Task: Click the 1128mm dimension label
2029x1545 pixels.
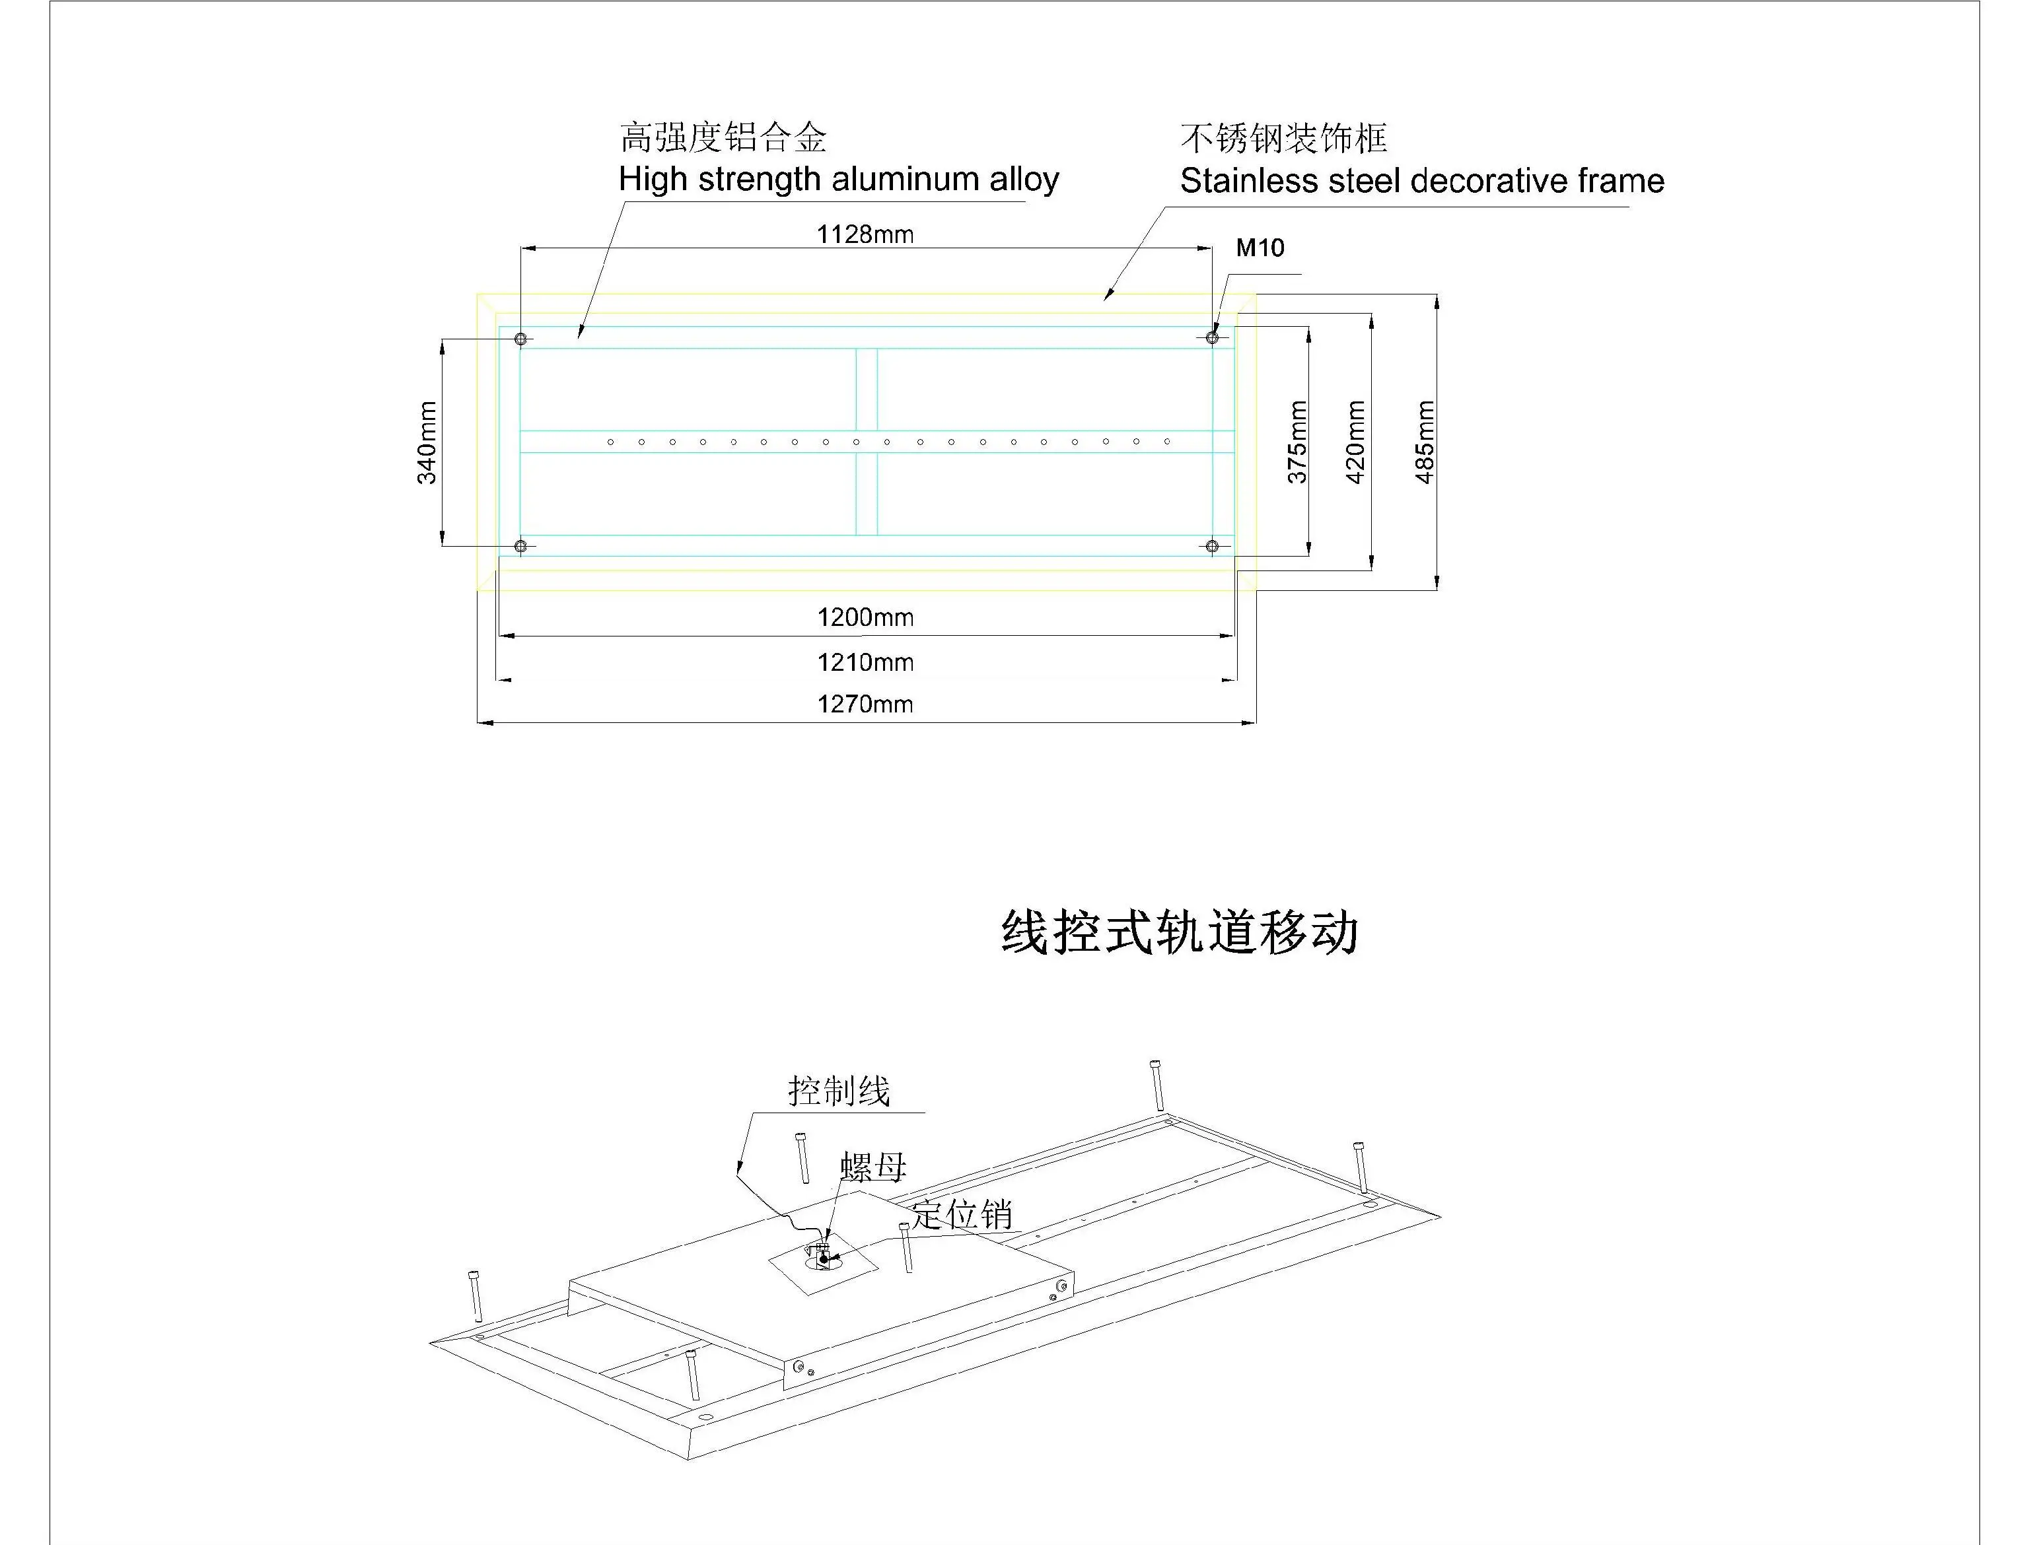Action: coord(865,234)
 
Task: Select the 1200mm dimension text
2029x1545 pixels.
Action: coord(865,617)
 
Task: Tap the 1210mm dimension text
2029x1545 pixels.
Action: coord(865,662)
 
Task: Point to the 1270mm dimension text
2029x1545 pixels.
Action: coord(865,704)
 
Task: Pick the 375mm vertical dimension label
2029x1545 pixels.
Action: coord(1297,442)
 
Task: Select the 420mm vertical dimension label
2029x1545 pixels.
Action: coord(1356,442)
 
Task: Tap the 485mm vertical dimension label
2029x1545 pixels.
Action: coord(1424,442)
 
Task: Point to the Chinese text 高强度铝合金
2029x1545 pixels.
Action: coord(723,138)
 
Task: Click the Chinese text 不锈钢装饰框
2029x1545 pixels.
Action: coord(1283,139)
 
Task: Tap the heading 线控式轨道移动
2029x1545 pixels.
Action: coord(1179,932)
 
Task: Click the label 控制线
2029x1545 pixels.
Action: coord(839,1091)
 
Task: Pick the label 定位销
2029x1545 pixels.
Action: coord(962,1215)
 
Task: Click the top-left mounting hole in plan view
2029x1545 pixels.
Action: coord(520,339)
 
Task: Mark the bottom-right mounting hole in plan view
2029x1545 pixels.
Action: coord(1212,546)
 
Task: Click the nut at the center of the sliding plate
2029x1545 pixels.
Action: coord(820,1253)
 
